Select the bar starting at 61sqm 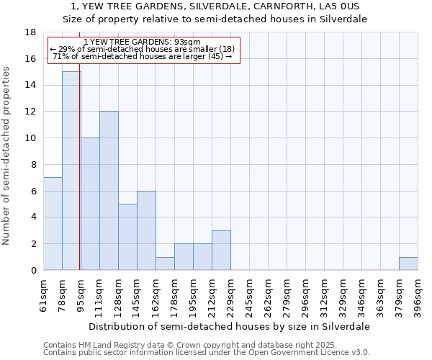pyautogui.click(x=53, y=223)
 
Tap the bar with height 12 pyautogui.click(x=109, y=191)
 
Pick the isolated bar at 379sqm pyautogui.click(x=408, y=264)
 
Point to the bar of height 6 pyautogui.click(x=146, y=230)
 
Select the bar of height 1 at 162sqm pyautogui.click(x=165, y=264)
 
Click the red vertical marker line pyautogui.click(x=79, y=180)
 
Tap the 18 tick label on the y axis pyautogui.click(x=30, y=32)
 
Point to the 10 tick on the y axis pyautogui.click(x=30, y=138)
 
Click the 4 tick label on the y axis pyautogui.click(x=33, y=217)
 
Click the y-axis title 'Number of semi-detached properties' pyautogui.click(x=7, y=156)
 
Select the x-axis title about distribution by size pyautogui.click(x=230, y=326)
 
